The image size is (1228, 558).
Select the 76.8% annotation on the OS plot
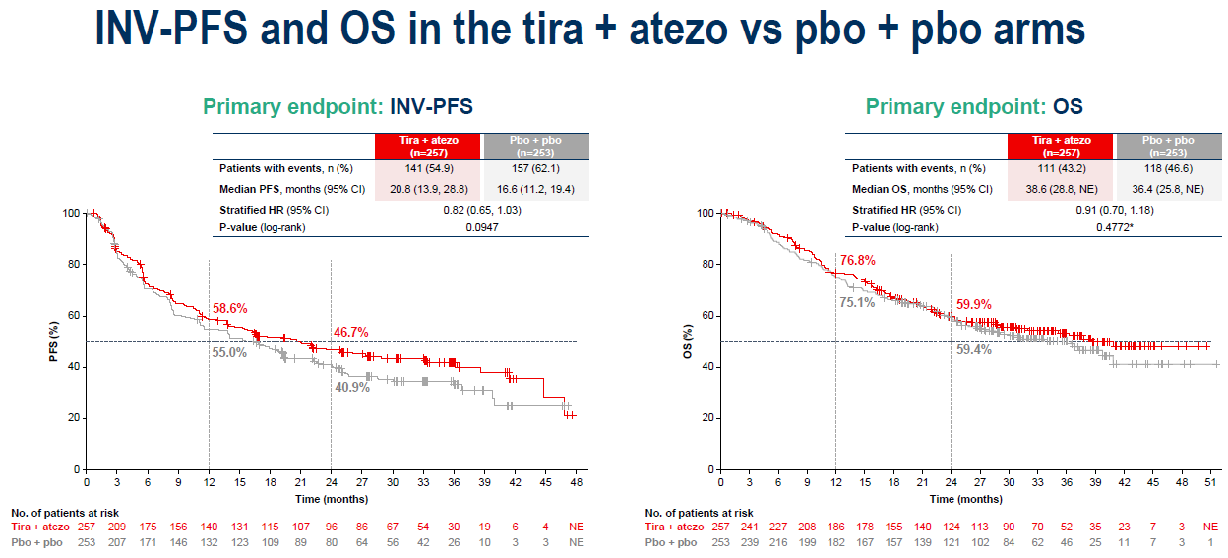coord(857,261)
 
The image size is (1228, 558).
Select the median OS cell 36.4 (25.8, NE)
coord(1169,188)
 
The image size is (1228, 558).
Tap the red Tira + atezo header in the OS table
coord(1061,146)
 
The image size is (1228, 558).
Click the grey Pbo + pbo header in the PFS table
coord(536,146)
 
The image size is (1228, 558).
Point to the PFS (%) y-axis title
coord(55,341)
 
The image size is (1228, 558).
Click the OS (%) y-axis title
coord(690,341)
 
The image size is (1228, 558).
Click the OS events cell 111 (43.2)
coord(1061,168)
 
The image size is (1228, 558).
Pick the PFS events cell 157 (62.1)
coord(536,168)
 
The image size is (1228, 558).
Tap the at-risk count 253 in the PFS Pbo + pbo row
coord(86,542)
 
